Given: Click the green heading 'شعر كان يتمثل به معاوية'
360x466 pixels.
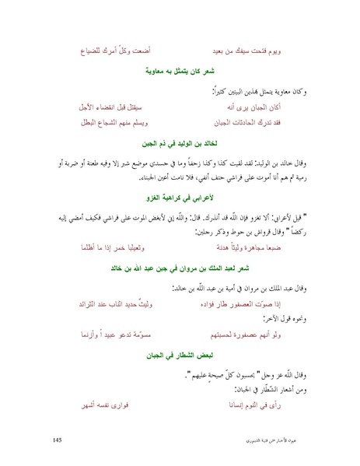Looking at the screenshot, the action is (x=180, y=72).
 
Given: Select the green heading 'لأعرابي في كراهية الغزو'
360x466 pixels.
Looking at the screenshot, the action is (x=180, y=200).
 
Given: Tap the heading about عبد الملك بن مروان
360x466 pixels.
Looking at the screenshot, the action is (x=180, y=268).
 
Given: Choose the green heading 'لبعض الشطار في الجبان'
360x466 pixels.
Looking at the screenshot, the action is (x=180, y=354).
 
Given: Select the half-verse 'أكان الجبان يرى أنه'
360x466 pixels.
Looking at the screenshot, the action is (x=263, y=105).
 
